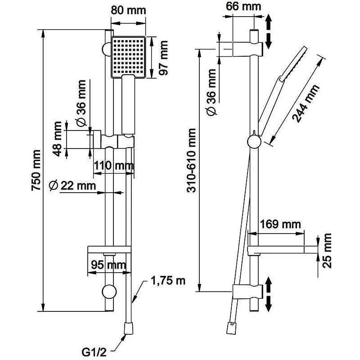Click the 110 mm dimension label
[114, 166]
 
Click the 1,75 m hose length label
[167, 281]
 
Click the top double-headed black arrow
[269, 31]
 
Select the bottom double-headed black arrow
[269, 294]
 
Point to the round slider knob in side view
[254, 142]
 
